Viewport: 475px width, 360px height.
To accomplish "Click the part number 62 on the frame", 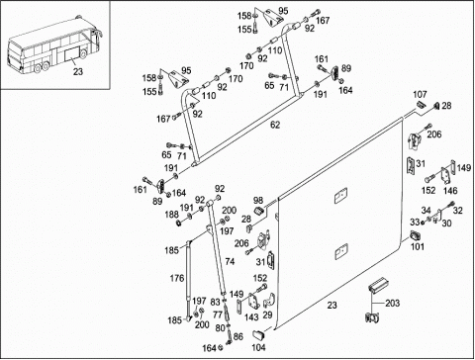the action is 275,125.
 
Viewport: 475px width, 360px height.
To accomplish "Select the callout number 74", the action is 230,261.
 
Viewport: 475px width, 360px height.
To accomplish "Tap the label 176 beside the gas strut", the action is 177,278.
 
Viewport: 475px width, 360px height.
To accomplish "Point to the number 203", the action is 393,303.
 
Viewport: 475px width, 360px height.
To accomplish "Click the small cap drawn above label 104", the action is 258,334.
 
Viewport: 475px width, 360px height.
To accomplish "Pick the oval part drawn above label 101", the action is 415,235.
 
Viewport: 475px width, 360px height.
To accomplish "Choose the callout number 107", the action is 420,95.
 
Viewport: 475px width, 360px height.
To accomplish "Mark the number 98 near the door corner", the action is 258,200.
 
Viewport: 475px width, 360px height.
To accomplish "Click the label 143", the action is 251,317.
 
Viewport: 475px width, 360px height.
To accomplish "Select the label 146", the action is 450,191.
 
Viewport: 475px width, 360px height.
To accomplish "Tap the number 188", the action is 171,215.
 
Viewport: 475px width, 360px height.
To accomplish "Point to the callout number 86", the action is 238,336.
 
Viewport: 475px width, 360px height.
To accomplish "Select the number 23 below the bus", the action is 78,71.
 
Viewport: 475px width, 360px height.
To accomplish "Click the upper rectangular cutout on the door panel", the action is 340,196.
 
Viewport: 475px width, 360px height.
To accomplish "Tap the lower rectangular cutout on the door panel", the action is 341,251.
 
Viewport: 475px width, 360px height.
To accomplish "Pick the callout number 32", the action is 458,210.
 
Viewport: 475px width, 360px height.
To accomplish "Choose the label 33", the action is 415,223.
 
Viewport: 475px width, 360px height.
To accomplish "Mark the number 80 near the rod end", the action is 220,328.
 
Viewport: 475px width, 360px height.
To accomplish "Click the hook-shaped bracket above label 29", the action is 269,300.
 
